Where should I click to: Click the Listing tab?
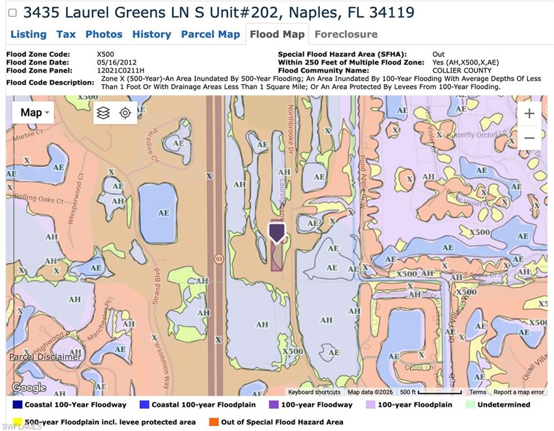(x=28, y=34)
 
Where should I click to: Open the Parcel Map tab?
(x=210, y=34)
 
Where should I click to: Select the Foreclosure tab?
(x=346, y=34)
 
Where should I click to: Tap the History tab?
(x=152, y=34)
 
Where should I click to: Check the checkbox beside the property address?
(x=12, y=12)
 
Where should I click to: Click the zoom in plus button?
(x=529, y=114)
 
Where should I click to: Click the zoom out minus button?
(x=529, y=138)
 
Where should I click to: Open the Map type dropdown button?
(x=34, y=113)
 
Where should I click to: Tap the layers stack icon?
(x=103, y=113)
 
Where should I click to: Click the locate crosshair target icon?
(x=125, y=113)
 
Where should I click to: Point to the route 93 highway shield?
(x=218, y=259)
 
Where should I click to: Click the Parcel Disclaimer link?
(x=45, y=357)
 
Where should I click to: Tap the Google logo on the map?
(x=29, y=388)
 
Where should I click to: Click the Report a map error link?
(x=519, y=392)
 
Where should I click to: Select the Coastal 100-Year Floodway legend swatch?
(x=16, y=405)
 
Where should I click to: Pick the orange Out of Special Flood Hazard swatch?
(x=213, y=422)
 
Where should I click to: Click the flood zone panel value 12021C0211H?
(x=121, y=71)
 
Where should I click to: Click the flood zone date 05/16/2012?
(x=116, y=62)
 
